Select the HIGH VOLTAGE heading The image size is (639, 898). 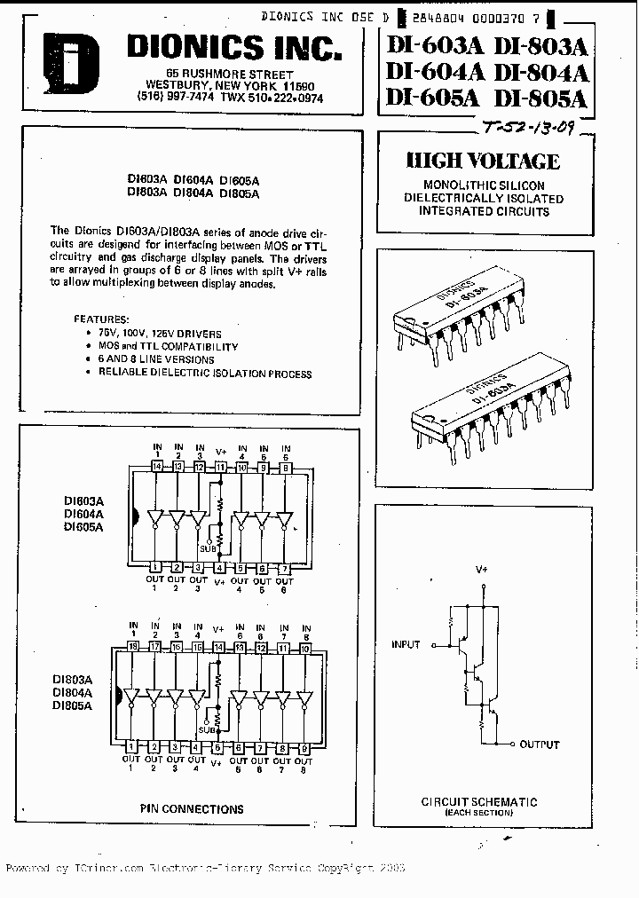(483, 161)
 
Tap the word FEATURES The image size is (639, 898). (101, 318)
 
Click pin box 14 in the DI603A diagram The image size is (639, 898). (157, 467)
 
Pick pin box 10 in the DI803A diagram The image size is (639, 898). (305, 649)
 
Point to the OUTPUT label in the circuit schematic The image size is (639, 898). (540, 744)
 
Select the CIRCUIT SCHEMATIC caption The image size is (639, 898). (478, 801)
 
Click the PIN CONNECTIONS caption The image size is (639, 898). (192, 808)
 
